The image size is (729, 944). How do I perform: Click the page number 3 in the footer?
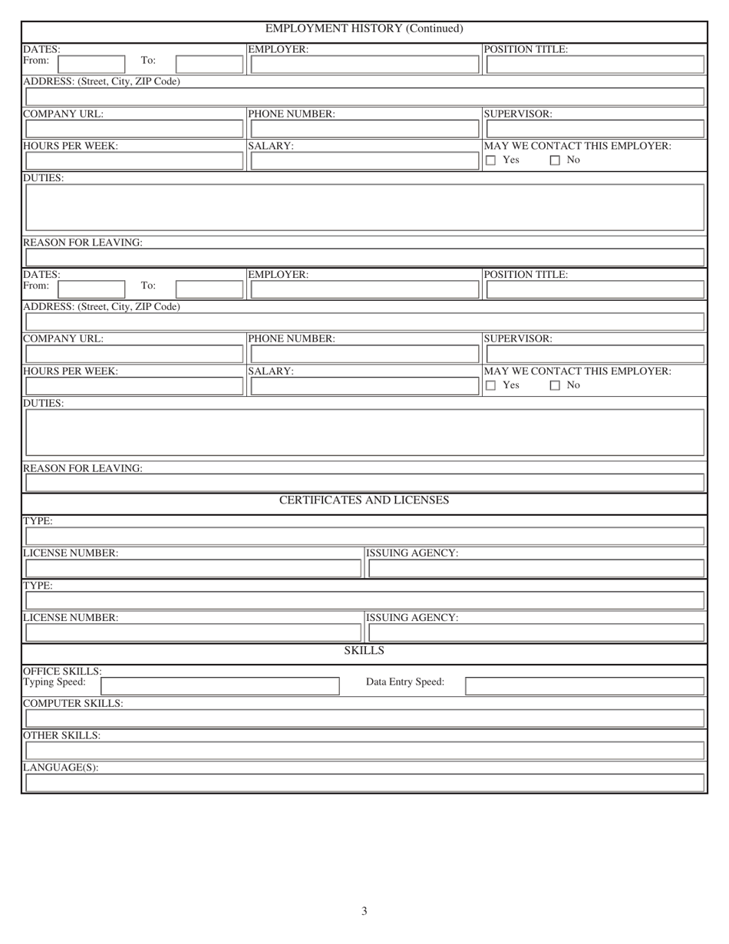point(364,911)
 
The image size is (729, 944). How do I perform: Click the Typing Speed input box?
point(220,685)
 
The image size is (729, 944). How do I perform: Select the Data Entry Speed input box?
point(584,685)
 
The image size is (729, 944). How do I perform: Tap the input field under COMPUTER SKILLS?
point(364,718)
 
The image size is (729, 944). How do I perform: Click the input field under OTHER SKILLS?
point(364,751)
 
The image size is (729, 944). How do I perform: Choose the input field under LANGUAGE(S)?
point(364,783)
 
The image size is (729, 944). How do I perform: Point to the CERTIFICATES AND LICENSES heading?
point(364,500)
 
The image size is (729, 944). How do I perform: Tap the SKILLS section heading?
point(364,651)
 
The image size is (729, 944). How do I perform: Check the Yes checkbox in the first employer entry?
point(491,160)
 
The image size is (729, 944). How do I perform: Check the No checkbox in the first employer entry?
point(555,160)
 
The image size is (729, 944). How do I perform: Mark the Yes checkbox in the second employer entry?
point(491,385)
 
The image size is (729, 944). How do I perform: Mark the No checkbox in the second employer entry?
point(555,385)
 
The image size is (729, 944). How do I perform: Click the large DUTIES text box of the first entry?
point(364,207)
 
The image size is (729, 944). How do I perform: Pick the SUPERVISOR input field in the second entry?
point(595,354)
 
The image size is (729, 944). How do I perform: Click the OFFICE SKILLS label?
point(62,671)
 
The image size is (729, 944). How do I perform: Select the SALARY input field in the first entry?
point(364,161)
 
